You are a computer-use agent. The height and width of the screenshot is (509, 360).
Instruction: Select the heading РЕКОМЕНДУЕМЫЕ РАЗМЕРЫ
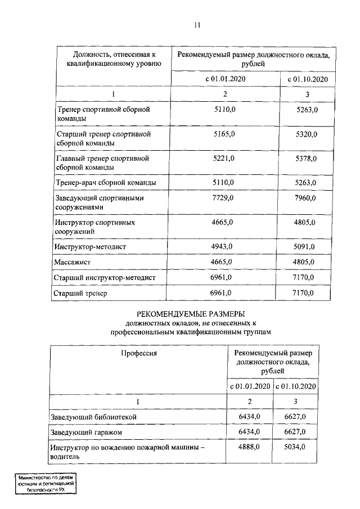pos(192,314)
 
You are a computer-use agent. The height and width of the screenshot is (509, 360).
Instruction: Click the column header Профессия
pos(138,353)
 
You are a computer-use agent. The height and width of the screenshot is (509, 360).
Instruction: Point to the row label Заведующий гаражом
pos(86,431)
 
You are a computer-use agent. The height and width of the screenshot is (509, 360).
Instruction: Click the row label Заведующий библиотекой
pos(93,416)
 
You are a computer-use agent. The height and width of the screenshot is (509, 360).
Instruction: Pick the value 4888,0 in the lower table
pos(249,447)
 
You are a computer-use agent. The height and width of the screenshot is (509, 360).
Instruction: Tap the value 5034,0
pos(295,447)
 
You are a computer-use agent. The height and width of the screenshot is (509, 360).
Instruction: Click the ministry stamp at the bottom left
pos(46,483)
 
